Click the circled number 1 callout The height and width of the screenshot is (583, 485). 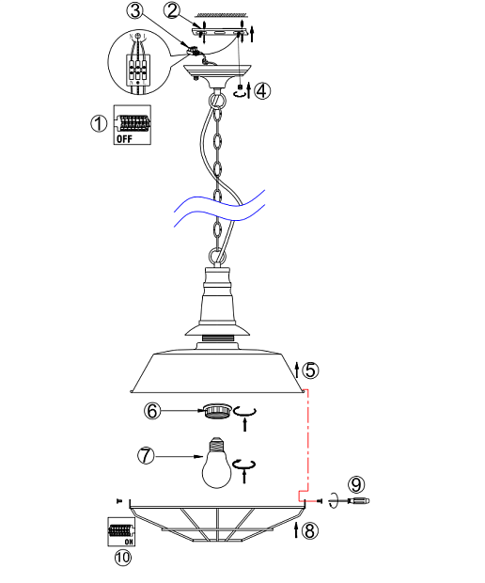click(99, 123)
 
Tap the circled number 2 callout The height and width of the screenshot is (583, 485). click(172, 10)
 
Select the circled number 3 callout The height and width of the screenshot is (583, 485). click(135, 10)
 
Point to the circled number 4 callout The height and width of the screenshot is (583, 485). click(262, 90)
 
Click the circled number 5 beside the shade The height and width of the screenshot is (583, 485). click(310, 370)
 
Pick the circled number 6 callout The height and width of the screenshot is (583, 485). click(152, 411)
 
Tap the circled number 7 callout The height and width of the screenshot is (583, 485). click(146, 456)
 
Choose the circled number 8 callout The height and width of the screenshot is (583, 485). click(310, 530)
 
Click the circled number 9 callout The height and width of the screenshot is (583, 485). click(356, 484)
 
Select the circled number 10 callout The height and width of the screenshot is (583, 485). click(123, 558)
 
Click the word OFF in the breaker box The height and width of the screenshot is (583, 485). click(124, 138)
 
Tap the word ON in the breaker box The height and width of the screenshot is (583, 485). click(129, 542)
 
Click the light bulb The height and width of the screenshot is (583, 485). click(217, 463)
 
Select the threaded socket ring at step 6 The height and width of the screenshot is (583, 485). click(217, 411)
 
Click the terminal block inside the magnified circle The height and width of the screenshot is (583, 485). click(138, 68)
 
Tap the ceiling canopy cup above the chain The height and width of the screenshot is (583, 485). click(217, 75)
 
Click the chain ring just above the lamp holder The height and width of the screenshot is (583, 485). click(217, 257)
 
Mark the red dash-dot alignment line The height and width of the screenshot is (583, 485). click(307, 445)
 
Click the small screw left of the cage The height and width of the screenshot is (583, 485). click(119, 501)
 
